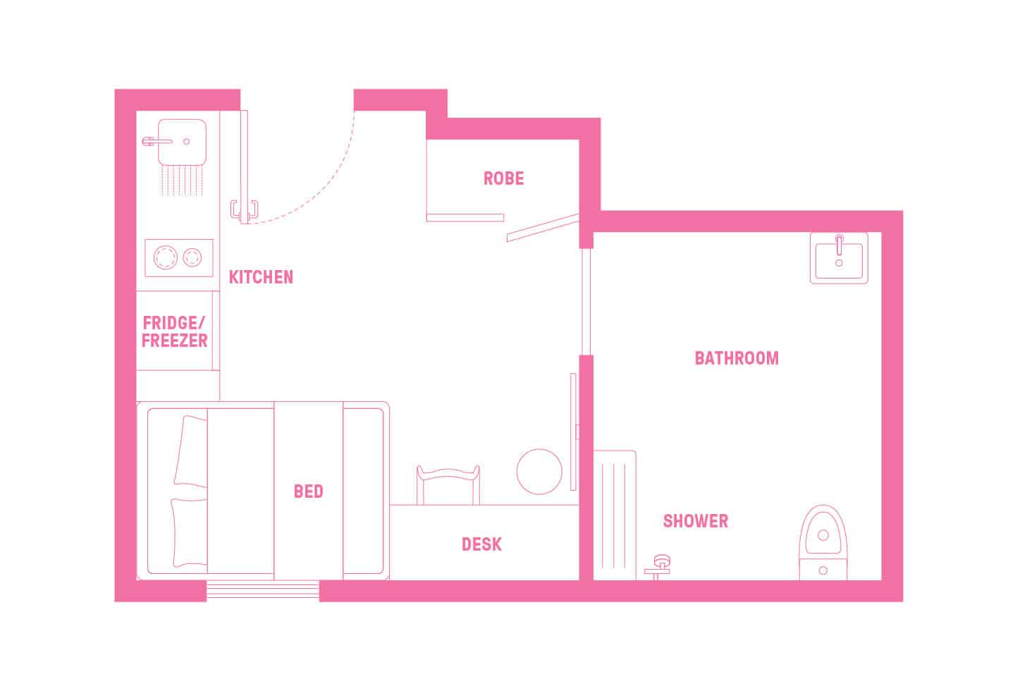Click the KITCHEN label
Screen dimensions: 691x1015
pyautogui.click(x=261, y=277)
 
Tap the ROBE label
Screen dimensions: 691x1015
pyautogui.click(x=503, y=178)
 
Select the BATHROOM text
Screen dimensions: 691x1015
pyautogui.click(x=737, y=358)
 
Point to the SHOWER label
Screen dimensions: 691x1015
pyautogui.click(x=695, y=521)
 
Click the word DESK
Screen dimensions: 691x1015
pyautogui.click(x=481, y=544)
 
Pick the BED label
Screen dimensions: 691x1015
pyautogui.click(x=308, y=491)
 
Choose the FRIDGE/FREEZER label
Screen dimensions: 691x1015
pyautogui.click(x=175, y=332)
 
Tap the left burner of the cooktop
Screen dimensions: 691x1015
pyautogui.click(x=166, y=257)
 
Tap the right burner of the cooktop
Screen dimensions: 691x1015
pyautogui.click(x=192, y=257)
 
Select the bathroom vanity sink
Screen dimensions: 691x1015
pyautogui.click(x=839, y=258)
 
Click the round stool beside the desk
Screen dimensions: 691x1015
pyautogui.click(x=539, y=472)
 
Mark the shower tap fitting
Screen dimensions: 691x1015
pyautogui.click(x=660, y=564)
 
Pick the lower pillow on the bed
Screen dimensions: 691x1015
pyautogui.click(x=188, y=532)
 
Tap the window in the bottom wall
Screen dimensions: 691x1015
pyautogui.click(x=262, y=590)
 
